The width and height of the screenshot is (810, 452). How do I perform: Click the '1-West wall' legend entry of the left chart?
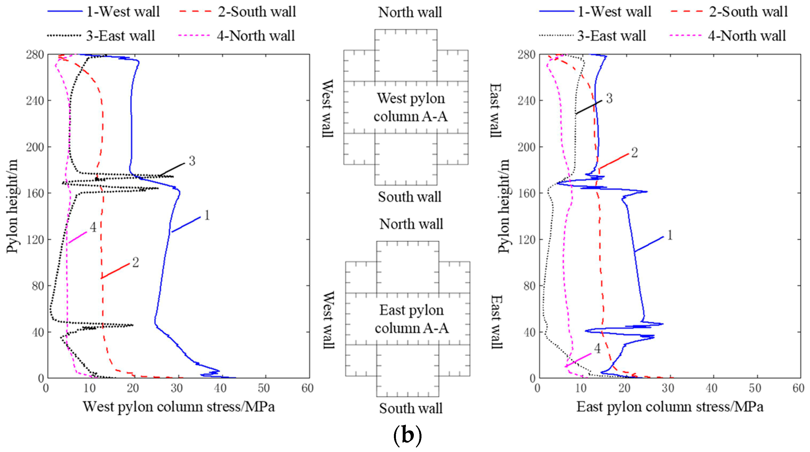pos(104,12)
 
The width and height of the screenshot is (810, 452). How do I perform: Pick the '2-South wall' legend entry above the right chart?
pos(729,12)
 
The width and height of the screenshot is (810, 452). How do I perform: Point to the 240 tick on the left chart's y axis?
pos(35,101)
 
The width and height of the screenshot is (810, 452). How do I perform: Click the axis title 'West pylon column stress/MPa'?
pos(178,407)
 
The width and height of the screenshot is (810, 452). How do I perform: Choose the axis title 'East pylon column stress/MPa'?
pos(670,407)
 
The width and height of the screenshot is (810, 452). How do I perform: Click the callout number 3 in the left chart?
pos(192,161)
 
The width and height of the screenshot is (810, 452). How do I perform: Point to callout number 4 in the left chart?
pos(93,227)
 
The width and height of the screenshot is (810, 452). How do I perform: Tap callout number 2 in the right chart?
pos(635,153)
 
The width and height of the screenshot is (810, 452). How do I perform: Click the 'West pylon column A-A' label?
pos(411,107)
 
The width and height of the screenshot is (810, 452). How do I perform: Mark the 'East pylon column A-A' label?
pos(412,319)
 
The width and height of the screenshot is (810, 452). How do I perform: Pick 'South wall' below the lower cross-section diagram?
pos(411,408)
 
